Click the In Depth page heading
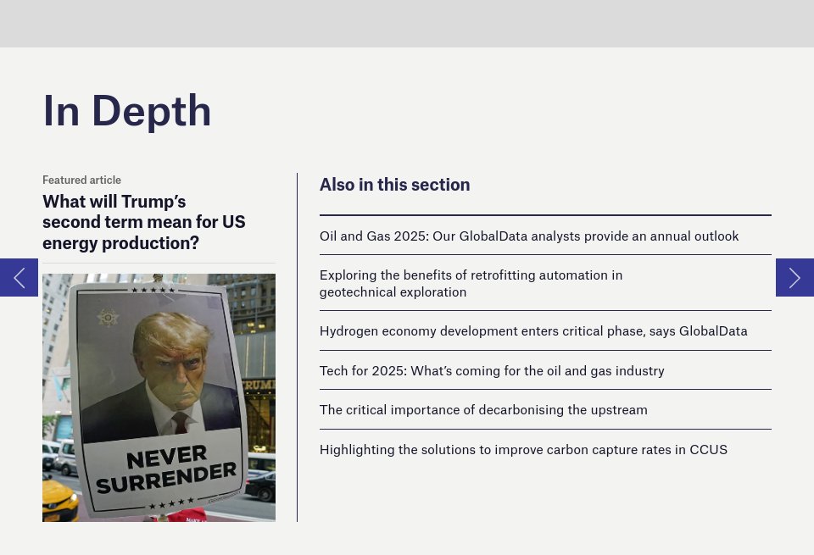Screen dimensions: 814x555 [x=126, y=111]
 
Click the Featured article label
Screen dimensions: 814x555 [x=81, y=180]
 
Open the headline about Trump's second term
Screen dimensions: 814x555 [x=144, y=222]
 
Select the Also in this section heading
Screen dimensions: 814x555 [x=394, y=185]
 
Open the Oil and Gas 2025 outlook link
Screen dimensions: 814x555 [x=529, y=236]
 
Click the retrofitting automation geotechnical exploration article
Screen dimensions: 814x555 [x=471, y=283]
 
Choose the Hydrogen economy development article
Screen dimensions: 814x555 [x=533, y=331]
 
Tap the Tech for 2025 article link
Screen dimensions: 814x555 [x=492, y=371]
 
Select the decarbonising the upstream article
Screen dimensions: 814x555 [x=483, y=410]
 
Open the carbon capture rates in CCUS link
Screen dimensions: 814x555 [x=523, y=450]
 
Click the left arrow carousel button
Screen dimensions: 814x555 [x=20, y=278]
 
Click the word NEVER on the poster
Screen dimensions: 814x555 [x=167, y=457]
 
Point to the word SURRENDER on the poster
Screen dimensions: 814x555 [x=166, y=478]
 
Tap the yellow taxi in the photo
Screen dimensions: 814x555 [x=59, y=500]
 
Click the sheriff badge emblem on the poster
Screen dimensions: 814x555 [x=108, y=317]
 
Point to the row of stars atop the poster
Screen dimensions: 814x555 [x=153, y=290]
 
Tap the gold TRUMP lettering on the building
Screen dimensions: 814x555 [x=259, y=385]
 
